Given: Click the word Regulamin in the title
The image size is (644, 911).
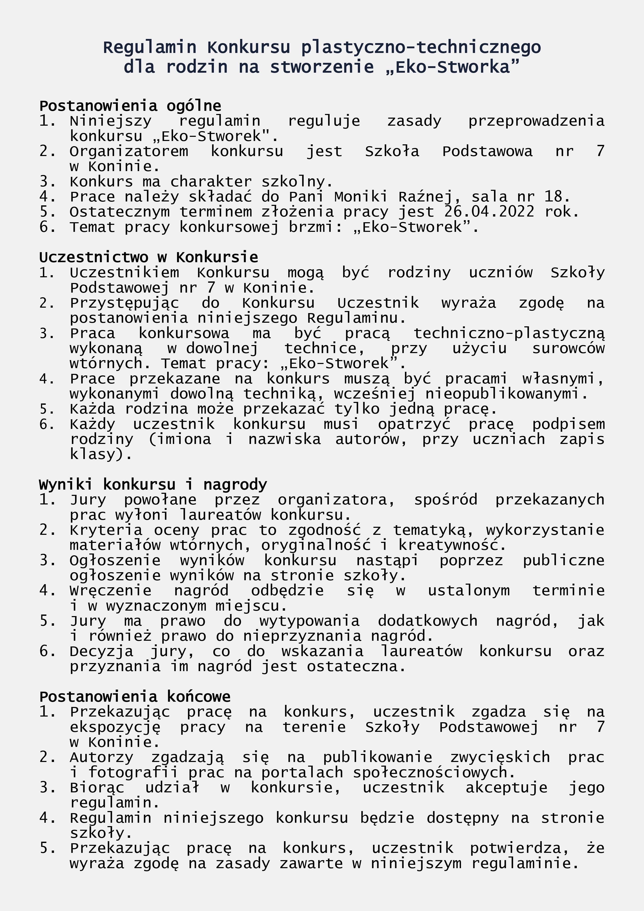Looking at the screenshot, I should [x=150, y=48].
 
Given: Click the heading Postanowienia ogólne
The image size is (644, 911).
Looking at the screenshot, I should [x=130, y=106].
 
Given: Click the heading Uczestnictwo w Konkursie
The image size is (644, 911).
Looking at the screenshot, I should [x=148, y=258].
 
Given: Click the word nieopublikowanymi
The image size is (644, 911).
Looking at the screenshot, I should [x=506, y=394].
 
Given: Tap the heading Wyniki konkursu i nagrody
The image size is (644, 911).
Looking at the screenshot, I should [x=153, y=484].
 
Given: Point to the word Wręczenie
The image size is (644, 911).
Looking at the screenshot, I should [x=111, y=590].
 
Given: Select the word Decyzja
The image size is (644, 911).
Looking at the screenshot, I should [x=101, y=651].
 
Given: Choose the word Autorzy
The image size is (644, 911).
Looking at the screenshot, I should [x=101, y=757].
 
